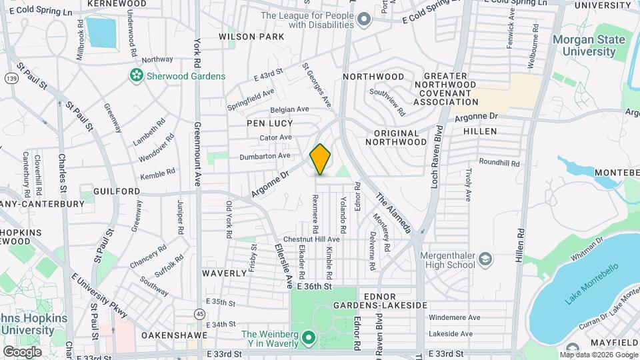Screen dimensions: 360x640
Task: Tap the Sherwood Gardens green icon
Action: pyautogui.click(x=137, y=76)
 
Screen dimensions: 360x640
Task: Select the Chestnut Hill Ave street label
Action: pyautogui.click(x=311, y=239)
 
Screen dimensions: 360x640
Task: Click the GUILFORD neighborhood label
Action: pyautogui.click(x=121, y=191)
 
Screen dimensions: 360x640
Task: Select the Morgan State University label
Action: pyautogui.click(x=589, y=45)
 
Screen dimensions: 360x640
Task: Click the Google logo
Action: pyautogui.click(x=22, y=351)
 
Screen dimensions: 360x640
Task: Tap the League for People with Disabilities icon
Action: pyautogui.click(x=363, y=20)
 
